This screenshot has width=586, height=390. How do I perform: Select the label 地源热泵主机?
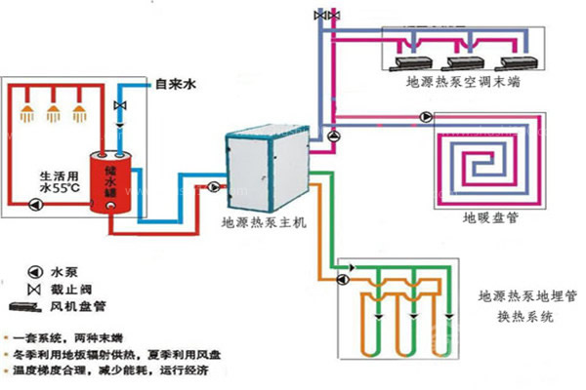264,222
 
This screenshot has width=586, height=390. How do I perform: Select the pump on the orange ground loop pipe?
343,279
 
